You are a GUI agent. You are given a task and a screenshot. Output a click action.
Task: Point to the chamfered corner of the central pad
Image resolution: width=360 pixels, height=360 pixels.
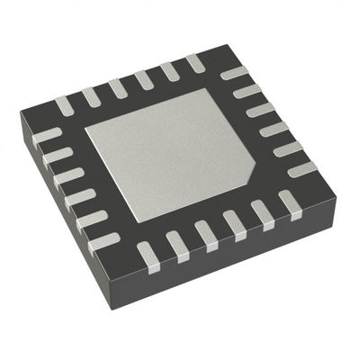pyautogui.click(x=244, y=173)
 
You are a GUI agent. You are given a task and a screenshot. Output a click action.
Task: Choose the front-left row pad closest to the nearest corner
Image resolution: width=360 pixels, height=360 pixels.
pyautogui.click(x=105, y=241)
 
